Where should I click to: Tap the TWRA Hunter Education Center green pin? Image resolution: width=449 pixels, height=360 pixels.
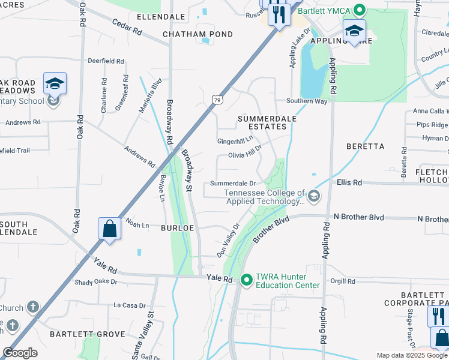tap(246, 280)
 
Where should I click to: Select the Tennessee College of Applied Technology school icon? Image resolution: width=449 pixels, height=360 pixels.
tap(313, 196)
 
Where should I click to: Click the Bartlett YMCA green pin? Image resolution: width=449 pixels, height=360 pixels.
tap(359, 10)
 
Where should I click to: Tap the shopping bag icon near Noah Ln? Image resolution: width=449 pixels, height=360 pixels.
tap(109, 229)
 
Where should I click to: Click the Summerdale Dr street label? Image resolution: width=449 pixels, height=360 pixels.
tap(233, 184)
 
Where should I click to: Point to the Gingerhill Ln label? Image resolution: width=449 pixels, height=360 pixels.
tap(235, 140)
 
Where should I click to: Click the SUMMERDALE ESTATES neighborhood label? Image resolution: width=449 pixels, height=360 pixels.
tap(267, 122)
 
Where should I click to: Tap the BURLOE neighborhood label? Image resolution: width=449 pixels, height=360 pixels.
tap(176, 228)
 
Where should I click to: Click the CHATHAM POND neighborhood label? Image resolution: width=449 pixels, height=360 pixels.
tap(198, 34)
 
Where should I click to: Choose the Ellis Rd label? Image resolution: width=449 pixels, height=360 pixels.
tap(349, 182)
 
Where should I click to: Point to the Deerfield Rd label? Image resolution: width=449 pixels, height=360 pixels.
tap(106, 61)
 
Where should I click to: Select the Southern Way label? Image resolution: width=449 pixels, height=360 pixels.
tap(306, 101)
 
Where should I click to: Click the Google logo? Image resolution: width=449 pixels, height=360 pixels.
tap(20, 353)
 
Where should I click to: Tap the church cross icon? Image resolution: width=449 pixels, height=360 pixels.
tap(33, 307)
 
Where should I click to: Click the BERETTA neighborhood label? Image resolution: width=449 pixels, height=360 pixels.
tap(365, 146)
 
